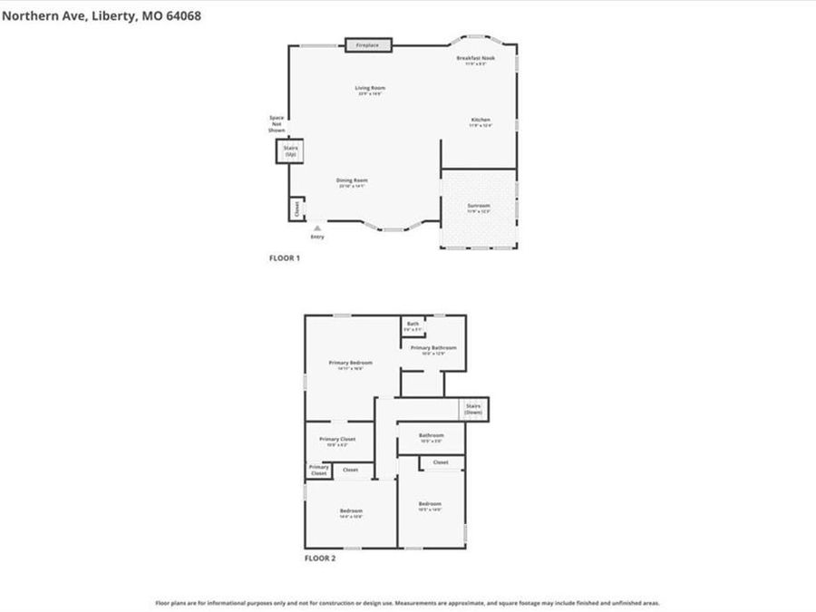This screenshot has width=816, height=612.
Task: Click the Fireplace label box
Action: pyautogui.click(x=367, y=44)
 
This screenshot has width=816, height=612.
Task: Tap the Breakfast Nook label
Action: pyautogui.click(x=475, y=59)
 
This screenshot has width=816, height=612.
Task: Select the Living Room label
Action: pyautogui.click(x=369, y=88)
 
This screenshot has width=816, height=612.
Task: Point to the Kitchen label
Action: pyautogui.click(x=480, y=121)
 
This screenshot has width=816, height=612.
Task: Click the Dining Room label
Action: pyautogui.click(x=352, y=180)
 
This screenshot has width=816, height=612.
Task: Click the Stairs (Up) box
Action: pyautogui.click(x=290, y=151)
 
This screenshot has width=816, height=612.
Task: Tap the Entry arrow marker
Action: pyautogui.click(x=316, y=228)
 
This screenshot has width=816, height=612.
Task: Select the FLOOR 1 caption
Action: pyautogui.click(x=284, y=258)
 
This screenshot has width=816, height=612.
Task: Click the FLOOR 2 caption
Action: pyautogui.click(x=319, y=559)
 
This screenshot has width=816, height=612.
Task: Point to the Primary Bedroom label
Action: pyautogui.click(x=350, y=363)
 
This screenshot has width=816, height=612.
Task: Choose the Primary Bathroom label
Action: pyautogui.click(x=432, y=348)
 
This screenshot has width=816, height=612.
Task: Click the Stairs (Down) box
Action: pyautogui.click(x=472, y=408)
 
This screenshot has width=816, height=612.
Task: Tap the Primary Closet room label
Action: pyautogui.click(x=337, y=439)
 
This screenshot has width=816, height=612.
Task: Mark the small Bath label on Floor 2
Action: pyautogui.click(x=413, y=324)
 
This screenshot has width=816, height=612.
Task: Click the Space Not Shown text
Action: pyautogui.click(x=277, y=124)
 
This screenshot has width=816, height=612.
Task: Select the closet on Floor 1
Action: pyautogui.click(x=296, y=209)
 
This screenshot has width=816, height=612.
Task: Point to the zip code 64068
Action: pyautogui.click(x=180, y=15)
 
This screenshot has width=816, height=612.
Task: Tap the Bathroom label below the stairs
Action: pyautogui.click(x=431, y=435)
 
